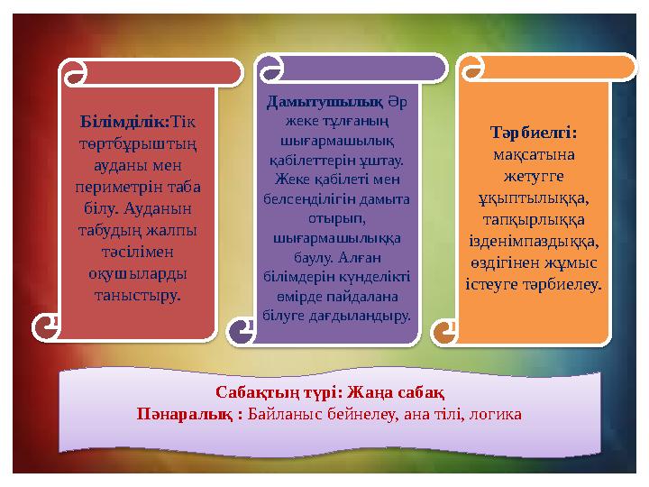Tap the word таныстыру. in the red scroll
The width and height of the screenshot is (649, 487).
click(x=139, y=295)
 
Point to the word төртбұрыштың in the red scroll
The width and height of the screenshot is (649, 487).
click(x=139, y=143)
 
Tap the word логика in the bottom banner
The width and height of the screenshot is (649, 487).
click(x=495, y=414)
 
